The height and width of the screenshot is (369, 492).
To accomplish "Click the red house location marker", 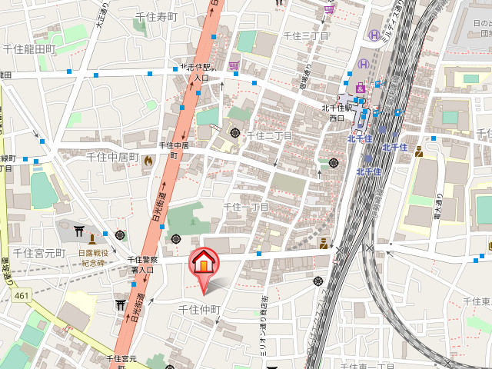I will click(x=204, y=264).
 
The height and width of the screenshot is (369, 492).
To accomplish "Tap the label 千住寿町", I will click(x=156, y=16).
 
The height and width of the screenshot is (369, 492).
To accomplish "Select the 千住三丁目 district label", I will click(x=306, y=35).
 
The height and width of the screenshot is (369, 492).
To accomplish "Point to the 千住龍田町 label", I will click(x=28, y=48).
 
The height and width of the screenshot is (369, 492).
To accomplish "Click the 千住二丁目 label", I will click(x=269, y=135).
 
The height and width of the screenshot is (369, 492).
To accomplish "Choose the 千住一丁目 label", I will click(x=246, y=206).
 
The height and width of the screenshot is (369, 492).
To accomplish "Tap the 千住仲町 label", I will click(x=200, y=309).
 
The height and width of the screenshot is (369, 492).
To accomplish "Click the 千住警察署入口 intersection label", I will click(x=142, y=264).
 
